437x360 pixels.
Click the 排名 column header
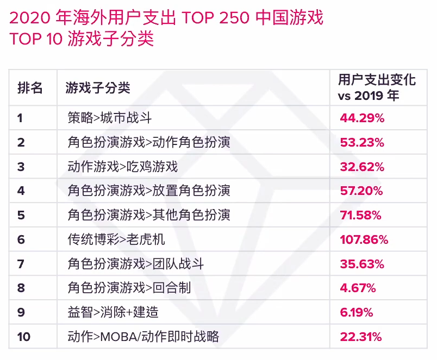pos(30,87)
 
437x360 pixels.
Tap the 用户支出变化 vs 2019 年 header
pos(377,87)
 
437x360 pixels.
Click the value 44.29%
pos(362,118)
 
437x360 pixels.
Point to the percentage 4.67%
pos(358,288)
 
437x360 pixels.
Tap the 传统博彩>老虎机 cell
pos(116,239)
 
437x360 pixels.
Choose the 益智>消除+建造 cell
pos(113,312)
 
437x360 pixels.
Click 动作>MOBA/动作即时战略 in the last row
pos(143,337)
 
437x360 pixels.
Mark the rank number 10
pos(24,337)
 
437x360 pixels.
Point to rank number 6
pos(21,239)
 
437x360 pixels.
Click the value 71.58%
pos(361,215)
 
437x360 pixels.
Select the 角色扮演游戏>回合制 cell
pos(129,288)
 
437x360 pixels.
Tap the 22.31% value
pos(361,337)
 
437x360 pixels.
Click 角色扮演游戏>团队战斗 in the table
pos(136,264)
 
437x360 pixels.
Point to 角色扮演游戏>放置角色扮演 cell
pos(149,191)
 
